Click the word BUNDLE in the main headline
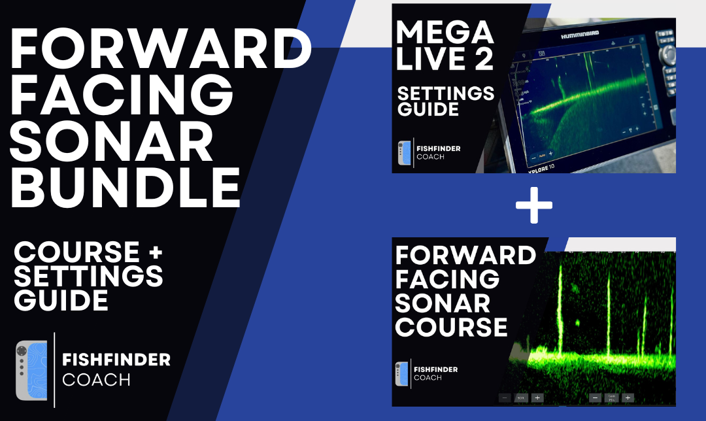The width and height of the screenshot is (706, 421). click(126, 186)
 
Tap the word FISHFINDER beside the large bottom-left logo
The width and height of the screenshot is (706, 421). click(116, 360)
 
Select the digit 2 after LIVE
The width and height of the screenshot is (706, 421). click(483, 60)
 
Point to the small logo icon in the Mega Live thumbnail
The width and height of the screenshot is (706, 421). click(404, 153)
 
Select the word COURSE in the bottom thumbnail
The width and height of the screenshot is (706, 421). click(451, 326)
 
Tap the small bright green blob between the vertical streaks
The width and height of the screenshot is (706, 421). click(578, 322)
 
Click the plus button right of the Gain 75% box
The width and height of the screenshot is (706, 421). click(628, 397)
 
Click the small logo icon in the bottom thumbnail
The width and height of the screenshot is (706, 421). click(401, 374)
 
